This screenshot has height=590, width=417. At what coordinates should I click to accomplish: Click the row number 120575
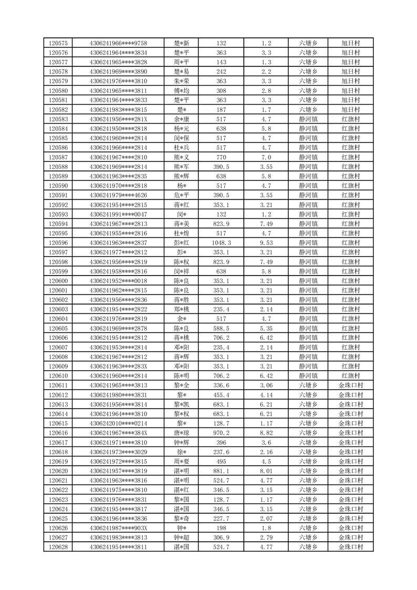[58, 43]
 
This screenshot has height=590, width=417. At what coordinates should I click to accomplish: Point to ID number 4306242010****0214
[118, 423]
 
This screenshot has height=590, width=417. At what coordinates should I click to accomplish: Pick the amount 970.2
[221, 433]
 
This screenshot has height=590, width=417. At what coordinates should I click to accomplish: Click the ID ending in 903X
[118, 528]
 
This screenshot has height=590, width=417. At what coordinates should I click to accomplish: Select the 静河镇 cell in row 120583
[308, 119]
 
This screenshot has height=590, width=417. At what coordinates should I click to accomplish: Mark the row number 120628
[58, 547]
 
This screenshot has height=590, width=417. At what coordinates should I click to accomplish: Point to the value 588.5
[221, 328]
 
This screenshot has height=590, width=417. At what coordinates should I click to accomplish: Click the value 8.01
[266, 471]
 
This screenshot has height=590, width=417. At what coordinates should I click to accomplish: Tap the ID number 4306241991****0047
[118, 214]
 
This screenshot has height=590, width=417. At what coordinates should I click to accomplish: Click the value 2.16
[266, 452]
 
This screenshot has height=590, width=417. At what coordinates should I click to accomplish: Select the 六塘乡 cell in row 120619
[308, 461]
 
